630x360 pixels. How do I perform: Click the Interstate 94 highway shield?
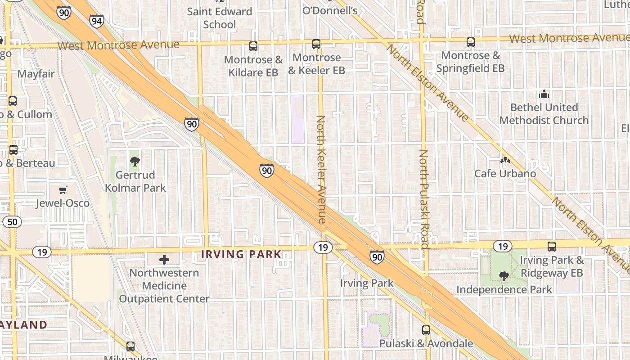pyautogui.click(x=96, y=21)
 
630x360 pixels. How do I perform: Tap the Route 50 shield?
pyautogui.click(x=12, y=221)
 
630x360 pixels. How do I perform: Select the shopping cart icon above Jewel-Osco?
pyautogui.click(x=63, y=190)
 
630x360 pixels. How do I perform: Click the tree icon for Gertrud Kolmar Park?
pyautogui.click(x=135, y=162)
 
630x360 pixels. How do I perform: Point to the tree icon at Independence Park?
pyautogui.click(x=504, y=276)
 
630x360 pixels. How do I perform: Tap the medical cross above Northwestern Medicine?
pyautogui.click(x=164, y=260)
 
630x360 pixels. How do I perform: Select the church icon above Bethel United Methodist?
pyautogui.click(x=544, y=94)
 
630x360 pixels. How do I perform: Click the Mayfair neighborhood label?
pyautogui.click(x=36, y=74)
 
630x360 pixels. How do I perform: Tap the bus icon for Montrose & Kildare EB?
pyautogui.click(x=253, y=46)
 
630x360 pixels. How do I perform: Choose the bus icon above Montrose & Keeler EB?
pyautogui.click(x=316, y=44)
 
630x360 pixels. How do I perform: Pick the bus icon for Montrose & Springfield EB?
pyautogui.click(x=471, y=42)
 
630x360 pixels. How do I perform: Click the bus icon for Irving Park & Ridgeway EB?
pyautogui.click(x=552, y=247)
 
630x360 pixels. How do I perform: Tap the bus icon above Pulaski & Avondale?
pyautogui.click(x=426, y=330)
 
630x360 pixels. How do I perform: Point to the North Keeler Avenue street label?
pyautogui.click(x=321, y=169)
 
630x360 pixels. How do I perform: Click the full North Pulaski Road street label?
pyautogui.click(x=423, y=199)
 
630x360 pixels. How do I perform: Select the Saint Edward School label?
pyautogui.click(x=219, y=18)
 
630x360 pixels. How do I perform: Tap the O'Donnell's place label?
pyautogui.click(x=330, y=10)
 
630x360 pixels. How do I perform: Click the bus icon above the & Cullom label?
pyautogui.click(x=13, y=101)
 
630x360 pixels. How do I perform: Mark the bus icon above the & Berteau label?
pyautogui.click(x=13, y=150)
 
